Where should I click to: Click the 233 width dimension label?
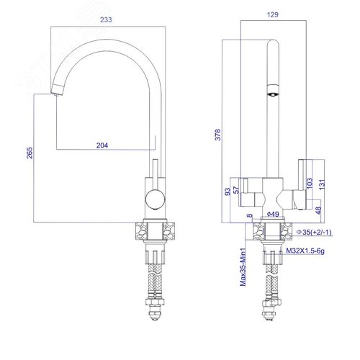tap(106, 19)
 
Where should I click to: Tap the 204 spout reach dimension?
tap(102, 145)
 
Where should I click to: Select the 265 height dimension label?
tap(30, 153)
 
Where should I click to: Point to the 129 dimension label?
tap(273, 14)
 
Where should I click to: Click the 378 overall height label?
tap(217, 135)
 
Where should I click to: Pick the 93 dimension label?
tap(228, 192)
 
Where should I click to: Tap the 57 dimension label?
tap(237, 190)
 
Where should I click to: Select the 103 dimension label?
tap(310, 183)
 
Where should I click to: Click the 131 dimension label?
tap(323, 184)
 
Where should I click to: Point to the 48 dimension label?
tap(318, 210)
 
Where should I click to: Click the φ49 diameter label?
tap(273, 214)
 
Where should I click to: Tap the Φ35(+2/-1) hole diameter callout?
tap(314, 232)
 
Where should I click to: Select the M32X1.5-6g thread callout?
tap(305, 251)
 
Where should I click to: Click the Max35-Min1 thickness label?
tap(243, 267)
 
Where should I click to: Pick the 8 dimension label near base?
tap(250, 215)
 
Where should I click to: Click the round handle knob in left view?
tap(155, 199)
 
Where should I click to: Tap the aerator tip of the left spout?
tap(56, 95)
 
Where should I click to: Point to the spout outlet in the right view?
tap(273, 94)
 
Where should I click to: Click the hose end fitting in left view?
tap(156, 310)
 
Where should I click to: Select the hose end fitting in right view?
tap(271, 310)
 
